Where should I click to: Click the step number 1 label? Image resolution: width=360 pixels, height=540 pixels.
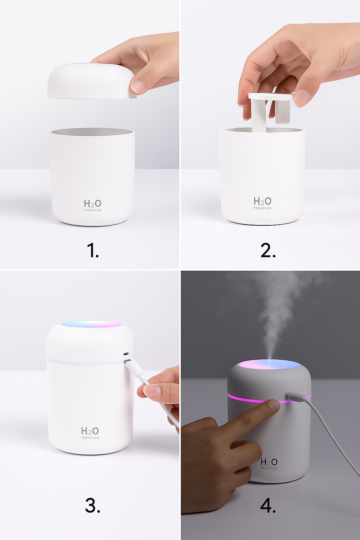tap(92, 251)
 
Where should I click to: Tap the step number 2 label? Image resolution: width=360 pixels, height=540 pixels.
tap(268, 251)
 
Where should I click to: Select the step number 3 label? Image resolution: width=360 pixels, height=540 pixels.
tap(92, 505)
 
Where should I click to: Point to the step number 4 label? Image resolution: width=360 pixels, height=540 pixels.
tap(268, 505)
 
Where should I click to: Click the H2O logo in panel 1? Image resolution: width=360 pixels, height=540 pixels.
tap(92, 204)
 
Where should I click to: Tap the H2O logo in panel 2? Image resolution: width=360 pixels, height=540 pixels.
tap(263, 201)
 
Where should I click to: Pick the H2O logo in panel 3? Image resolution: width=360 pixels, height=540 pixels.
tap(90, 431)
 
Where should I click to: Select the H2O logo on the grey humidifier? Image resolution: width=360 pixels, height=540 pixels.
tap(269, 462)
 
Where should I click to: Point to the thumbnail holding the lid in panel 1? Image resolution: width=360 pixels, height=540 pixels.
tap(137, 86)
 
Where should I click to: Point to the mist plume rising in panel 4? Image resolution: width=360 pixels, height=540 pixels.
tap(278, 309)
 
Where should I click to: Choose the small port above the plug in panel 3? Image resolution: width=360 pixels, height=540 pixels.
tap(126, 354)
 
